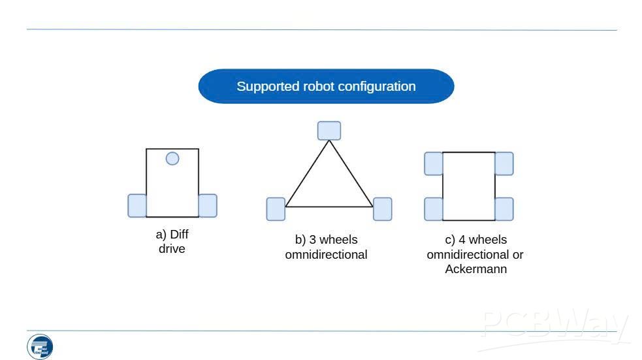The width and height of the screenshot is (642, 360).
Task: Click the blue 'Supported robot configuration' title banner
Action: tap(326, 86)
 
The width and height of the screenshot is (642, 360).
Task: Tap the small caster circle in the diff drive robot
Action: tap(172, 158)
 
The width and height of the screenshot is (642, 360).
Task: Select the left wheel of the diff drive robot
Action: tap(137, 206)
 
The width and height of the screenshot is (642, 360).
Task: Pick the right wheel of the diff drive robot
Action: tap(207, 206)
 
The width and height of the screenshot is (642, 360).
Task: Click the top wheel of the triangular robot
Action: tap(329, 131)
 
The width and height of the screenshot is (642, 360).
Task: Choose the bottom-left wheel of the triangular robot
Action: tap(276, 209)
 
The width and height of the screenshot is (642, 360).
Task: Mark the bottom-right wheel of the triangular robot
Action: tap(382, 209)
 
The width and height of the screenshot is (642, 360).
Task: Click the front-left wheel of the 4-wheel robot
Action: tap(434, 163)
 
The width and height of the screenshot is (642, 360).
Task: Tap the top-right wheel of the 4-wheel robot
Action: tap(504, 163)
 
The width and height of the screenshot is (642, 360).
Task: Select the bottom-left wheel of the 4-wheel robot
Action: tap(434, 209)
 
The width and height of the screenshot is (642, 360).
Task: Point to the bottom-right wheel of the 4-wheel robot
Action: tap(504, 209)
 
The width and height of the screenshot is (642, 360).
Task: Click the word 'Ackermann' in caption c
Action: tap(475, 269)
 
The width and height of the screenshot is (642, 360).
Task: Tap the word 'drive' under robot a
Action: tap(172, 249)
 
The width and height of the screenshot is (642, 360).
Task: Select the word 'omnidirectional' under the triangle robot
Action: tap(326, 255)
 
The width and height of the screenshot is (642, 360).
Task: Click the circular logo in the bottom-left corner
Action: tap(40, 346)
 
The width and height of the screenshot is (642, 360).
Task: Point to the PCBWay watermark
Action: tap(555, 325)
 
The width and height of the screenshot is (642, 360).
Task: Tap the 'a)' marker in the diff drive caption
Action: tap(161, 235)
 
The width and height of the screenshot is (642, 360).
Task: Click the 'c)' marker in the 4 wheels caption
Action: tap(450, 240)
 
